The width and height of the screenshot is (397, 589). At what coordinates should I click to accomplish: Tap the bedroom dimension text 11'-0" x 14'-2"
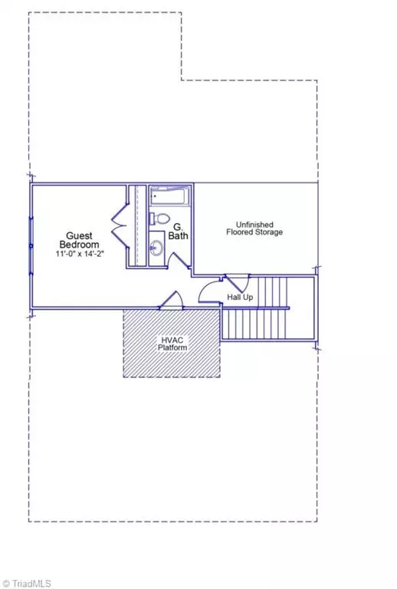[x=79, y=253]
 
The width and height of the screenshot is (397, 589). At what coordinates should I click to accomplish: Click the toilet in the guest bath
[x=156, y=218]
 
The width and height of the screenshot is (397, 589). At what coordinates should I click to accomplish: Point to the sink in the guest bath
[x=156, y=247]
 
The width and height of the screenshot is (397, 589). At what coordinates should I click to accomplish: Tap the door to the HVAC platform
[x=172, y=301]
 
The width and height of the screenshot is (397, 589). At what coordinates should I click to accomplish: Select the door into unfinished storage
[x=234, y=281]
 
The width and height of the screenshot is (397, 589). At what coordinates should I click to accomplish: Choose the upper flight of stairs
[x=273, y=291]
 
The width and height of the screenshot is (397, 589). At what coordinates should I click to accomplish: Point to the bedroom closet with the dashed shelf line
[x=136, y=226]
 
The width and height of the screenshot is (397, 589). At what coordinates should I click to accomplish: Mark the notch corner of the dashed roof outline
[x=182, y=79]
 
